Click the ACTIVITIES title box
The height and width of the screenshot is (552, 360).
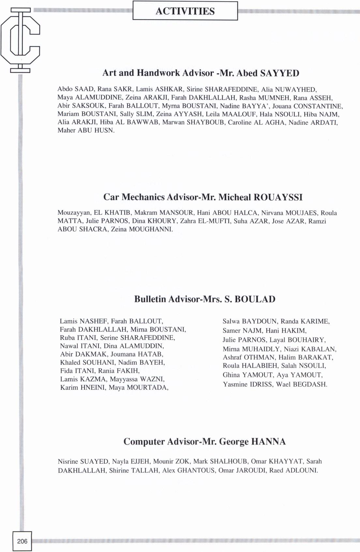click(185, 11)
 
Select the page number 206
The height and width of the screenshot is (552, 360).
click(22, 541)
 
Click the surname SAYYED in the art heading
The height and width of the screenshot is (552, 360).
click(279, 73)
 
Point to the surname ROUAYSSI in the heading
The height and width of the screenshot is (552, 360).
click(278, 197)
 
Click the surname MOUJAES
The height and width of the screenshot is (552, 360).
click(301, 213)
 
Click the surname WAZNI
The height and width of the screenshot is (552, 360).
click(152, 379)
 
